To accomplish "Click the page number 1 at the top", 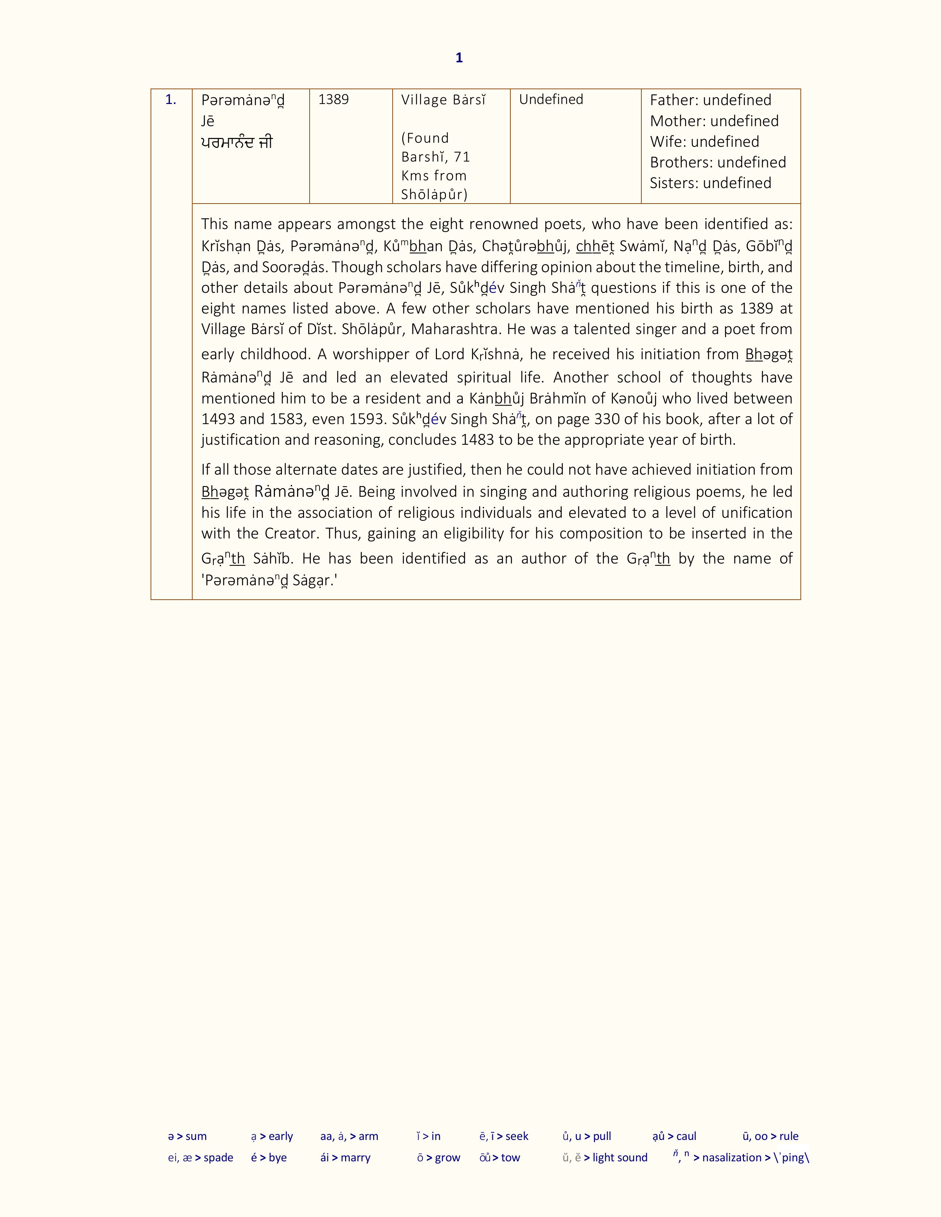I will coord(459,58).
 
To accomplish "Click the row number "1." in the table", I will coord(170,100).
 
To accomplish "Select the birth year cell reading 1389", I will coord(333,100).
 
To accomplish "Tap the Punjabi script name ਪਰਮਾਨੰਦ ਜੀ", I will coord(237,143).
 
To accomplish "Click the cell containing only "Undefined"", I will coord(551,100).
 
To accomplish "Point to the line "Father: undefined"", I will coord(710,100).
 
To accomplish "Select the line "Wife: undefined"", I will coord(704,142).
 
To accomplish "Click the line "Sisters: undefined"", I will coord(710,183).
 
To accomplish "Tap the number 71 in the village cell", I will coord(462,157).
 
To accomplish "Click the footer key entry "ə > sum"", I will coord(187,1136).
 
